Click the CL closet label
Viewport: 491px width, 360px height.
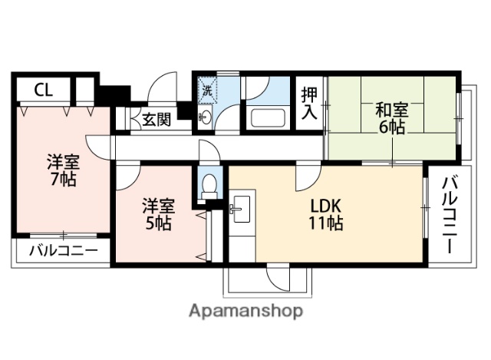[43, 90]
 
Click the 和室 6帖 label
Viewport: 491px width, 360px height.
[390, 117]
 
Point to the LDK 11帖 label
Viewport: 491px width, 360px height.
[325, 215]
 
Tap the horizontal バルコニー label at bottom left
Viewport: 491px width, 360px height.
[63, 251]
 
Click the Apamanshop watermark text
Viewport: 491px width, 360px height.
[245, 311]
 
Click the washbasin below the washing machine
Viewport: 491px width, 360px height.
[206, 117]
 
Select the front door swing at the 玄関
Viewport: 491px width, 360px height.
[163, 89]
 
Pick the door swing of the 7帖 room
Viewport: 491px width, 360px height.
[98, 144]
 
